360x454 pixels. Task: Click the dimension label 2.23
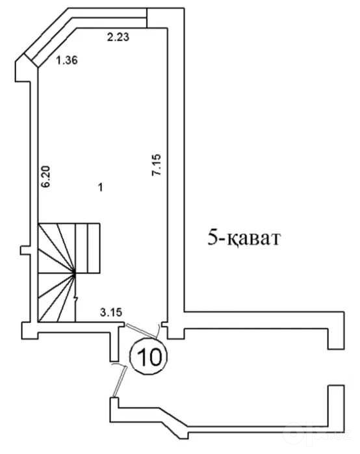tap(118, 37)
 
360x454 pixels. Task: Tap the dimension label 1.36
tap(67, 60)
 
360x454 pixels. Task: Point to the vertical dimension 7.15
tap(156, 164)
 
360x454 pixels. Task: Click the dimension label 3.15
tap(111, 312)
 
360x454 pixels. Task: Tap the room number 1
tap(100, 188)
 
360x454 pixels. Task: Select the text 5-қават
tap(244, 239)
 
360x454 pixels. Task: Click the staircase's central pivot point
tap(75, 273)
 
